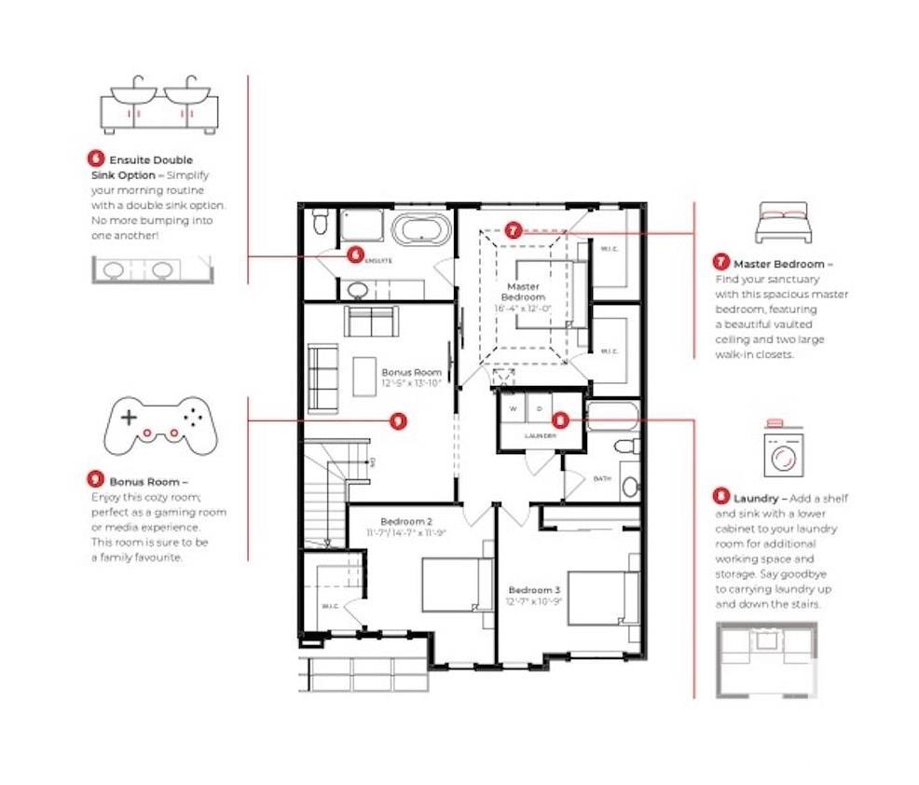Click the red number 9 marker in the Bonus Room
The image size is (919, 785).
click(x=399, y=420)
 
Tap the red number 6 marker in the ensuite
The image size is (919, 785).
click(x=353, y=253)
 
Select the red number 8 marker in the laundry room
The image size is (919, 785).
click(x=560, y=420)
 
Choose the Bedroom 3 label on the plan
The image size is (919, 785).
click(x=534, y=589)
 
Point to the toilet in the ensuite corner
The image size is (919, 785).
click(x=321, y=221)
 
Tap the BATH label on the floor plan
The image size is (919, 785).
click(x=602, y=478)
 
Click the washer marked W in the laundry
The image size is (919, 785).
click(x=512, y=409)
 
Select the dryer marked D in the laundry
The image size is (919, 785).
click(x=539, y=409)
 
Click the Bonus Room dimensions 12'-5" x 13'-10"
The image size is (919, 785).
click(x=410, y=383)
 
